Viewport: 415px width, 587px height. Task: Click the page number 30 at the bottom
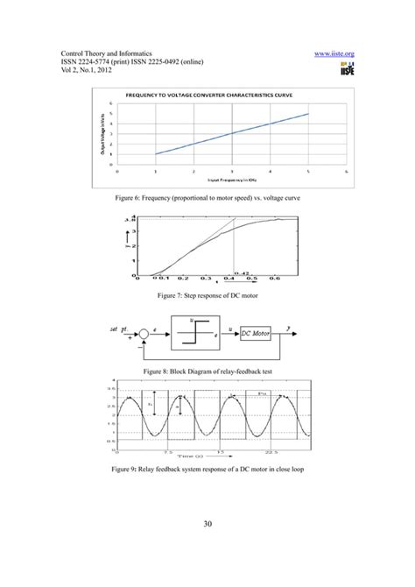click(x=207, y=525)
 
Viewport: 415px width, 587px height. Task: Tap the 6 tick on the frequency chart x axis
click(x=348, y=172)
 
